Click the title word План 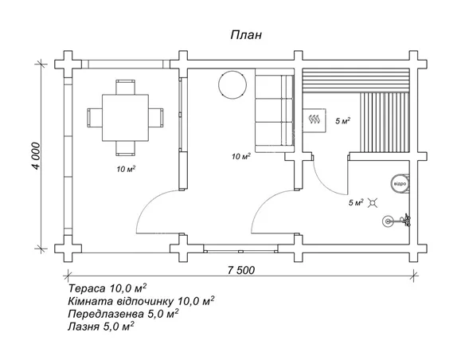(246, 35)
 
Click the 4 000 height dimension (36, 156)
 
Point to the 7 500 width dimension (241, 270)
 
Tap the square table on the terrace (125, 118)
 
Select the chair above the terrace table (126, 87)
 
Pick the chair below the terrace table (126, 148)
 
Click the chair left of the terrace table (95, 118)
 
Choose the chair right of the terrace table (156, 118)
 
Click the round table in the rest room (232, 84)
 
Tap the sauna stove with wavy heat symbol (315, 119)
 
